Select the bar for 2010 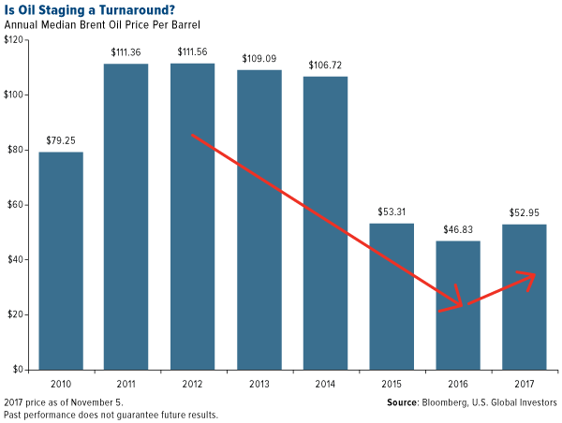(61, 260)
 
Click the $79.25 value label (61, 141)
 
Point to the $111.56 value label (193, 53)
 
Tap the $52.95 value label (524, 214)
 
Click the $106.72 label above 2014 (326, 66)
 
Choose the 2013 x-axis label (259, 383)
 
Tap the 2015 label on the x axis (392, 383)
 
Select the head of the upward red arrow (535, 274)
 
